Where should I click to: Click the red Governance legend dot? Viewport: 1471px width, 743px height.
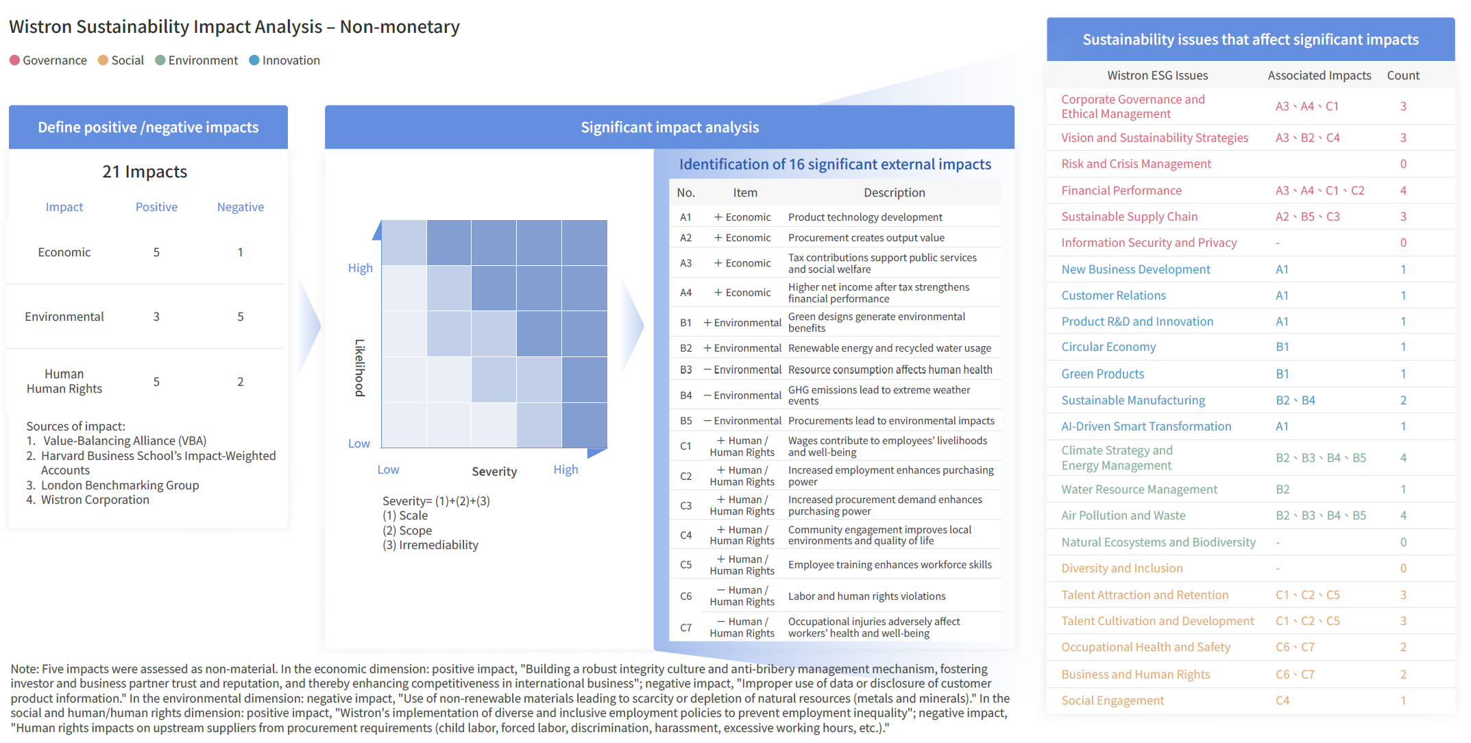click(x=14, y=60)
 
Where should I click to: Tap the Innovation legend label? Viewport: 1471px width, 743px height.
click(x=291, y=60)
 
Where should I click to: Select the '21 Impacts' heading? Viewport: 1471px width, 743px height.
click(x=145, y=171)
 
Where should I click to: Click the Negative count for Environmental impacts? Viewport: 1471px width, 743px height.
click(x=241, y=317)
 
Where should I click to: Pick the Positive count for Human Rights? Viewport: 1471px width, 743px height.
click(x=156, y=382)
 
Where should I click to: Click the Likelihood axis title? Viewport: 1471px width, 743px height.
click(x=360, y=367)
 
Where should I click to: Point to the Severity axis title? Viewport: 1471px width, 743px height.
click(x=494, y=472)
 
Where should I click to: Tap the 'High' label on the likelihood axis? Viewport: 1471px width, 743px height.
click(x=361, y=268)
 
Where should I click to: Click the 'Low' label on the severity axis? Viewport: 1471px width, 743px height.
click(x=388, y=470)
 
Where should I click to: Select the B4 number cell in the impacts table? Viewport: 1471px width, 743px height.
click(x=686, y=395)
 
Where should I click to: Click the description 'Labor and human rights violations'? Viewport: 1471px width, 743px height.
click(x=867, y=596)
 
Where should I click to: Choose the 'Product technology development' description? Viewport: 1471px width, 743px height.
click(x=865, y=217)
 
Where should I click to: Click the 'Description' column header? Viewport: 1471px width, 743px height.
click(x=895, y=193)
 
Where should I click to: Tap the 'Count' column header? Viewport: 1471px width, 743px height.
click(x=1403, y=75)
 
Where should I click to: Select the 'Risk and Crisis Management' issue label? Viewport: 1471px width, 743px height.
click(x=1136, y=164)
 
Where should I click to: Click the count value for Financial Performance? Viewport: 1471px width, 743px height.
click(x=1403, y=191)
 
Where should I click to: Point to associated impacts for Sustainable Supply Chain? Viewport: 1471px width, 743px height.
click(x=1307, y=217)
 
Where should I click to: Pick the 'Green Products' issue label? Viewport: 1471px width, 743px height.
click(x=1103, y=374)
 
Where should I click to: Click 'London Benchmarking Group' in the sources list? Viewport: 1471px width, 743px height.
click(x=120, y=485)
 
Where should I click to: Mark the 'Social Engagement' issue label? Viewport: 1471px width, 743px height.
click(x=1113, y=701)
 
